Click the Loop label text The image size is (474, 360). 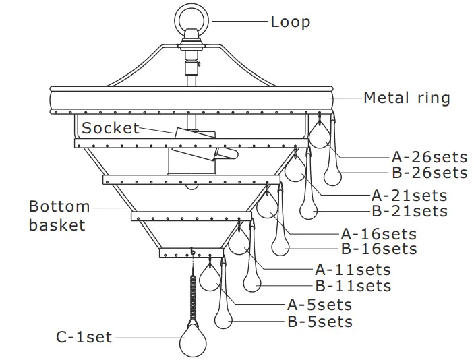(x=290, y=22)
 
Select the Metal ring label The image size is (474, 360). (x=407, y=98)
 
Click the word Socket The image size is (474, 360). (x=111, y=128)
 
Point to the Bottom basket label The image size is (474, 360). (x=59, y=215)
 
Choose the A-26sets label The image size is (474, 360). (x=429, y=157)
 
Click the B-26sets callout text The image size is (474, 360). (x=429, y=173)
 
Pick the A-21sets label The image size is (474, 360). (x=409, y=196)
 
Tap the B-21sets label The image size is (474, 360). (x=409, y=211)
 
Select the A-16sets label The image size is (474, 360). (x=378, y=234)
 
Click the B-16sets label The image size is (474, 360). (x=378, y=249)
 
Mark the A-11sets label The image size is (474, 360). (x=353, y=270)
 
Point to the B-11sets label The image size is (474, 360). (x=353, y=286)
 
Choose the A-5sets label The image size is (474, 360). (x=320, y=305)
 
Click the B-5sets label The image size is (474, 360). (x=320, y=321)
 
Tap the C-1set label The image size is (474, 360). (x=84, y=336)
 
